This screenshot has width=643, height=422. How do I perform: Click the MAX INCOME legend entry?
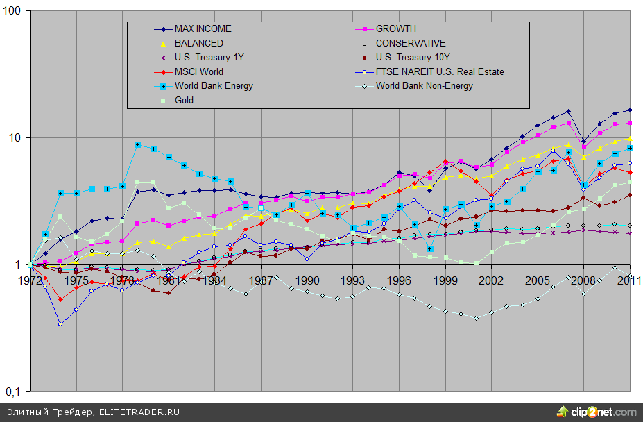click(x=203, y=29)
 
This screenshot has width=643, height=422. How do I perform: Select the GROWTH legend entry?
click(x=396, y=29)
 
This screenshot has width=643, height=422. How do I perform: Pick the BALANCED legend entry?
click(x=198, y=43)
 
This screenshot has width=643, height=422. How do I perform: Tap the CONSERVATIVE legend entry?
click(x=411, y=43)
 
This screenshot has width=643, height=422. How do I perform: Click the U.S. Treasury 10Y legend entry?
click(x=413, y=58)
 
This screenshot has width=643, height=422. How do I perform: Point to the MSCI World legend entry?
click(x=199, y=71)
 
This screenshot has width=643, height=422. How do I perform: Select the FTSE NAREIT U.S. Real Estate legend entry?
click(x=440, y=71)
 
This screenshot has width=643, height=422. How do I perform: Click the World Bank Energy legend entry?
click(x=214, y=86)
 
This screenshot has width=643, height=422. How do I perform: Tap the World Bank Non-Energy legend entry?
click(x=424, y=86)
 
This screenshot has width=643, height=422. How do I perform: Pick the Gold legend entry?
click(x=185, y=100)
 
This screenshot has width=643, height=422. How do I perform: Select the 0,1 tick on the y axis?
click(x=13, y=391)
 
